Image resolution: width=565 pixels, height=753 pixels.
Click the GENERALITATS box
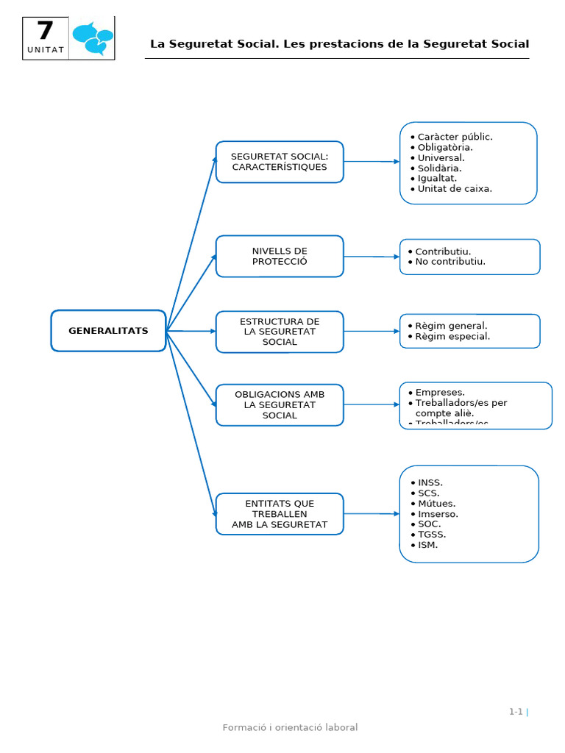108,331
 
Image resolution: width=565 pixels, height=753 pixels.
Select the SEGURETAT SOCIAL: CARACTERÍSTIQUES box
280,162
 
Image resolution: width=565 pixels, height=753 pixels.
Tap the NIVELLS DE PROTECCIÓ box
280,256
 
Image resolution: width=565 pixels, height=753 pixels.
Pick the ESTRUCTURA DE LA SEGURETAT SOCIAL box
280,332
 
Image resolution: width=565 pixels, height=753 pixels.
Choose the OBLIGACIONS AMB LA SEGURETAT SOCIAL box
280,404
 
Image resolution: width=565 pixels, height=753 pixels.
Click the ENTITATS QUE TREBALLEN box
280,514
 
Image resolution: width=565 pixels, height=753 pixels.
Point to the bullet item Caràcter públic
454,137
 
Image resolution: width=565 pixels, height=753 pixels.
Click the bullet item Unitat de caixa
454,188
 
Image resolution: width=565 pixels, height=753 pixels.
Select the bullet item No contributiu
449,261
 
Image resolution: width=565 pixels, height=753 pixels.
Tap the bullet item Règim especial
452,336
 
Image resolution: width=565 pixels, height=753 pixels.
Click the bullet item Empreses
439,392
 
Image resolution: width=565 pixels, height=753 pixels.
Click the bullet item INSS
430,482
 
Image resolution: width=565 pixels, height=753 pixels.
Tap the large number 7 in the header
45,32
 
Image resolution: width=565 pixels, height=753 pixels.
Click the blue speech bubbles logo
93,38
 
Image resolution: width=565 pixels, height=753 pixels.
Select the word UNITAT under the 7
46,50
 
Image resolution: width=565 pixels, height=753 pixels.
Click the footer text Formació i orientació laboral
290,727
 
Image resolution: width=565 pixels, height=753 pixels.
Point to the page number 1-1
516,711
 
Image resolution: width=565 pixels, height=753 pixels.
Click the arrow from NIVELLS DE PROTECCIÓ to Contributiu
372,257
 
